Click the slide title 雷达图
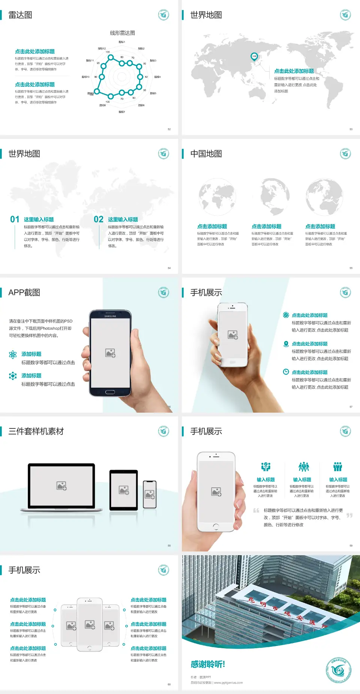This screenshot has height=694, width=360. pos(20,15)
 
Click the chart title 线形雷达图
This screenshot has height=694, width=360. pos(122,33)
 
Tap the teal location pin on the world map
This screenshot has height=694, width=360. pos(254,57)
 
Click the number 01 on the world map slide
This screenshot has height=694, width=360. pos(15,219)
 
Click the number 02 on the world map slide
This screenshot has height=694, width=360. pos(99,219)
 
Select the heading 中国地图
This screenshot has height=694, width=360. pos(206,154)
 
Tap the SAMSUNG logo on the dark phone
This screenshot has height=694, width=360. pos(110,316)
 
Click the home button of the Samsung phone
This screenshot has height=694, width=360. pos(110,392)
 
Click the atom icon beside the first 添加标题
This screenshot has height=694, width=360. pos(13,355)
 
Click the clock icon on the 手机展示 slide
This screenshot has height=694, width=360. pos(286,372)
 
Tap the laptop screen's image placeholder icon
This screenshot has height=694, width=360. pos(61,486)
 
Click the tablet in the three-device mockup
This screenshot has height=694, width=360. pos(124,490)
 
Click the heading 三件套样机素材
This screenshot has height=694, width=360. pos(36,431)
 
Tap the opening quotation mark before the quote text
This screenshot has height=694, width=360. pos(256,511)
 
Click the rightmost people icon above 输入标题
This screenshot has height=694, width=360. pos(338,467)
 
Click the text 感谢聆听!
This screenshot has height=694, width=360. pos(208,664)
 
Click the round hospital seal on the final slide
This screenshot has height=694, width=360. pos(338,670)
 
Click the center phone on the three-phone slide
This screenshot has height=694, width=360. pos(90,624)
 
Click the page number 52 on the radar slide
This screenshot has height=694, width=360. pos(169,129)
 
